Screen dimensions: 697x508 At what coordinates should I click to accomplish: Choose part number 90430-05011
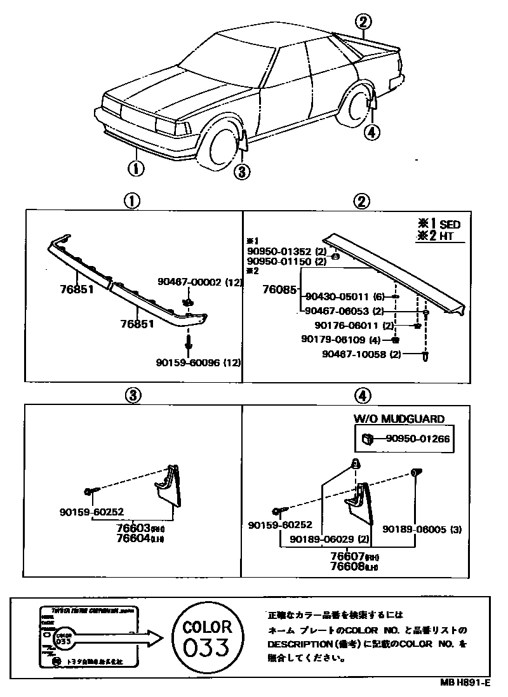pos(337,296)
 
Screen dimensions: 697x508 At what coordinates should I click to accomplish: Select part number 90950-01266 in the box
pos(414,437)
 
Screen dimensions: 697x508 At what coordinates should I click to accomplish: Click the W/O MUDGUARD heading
pos(399,419)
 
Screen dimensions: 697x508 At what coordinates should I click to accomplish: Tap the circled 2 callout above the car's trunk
pos(363,22)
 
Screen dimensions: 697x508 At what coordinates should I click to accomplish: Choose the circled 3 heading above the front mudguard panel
pos(131,395)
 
